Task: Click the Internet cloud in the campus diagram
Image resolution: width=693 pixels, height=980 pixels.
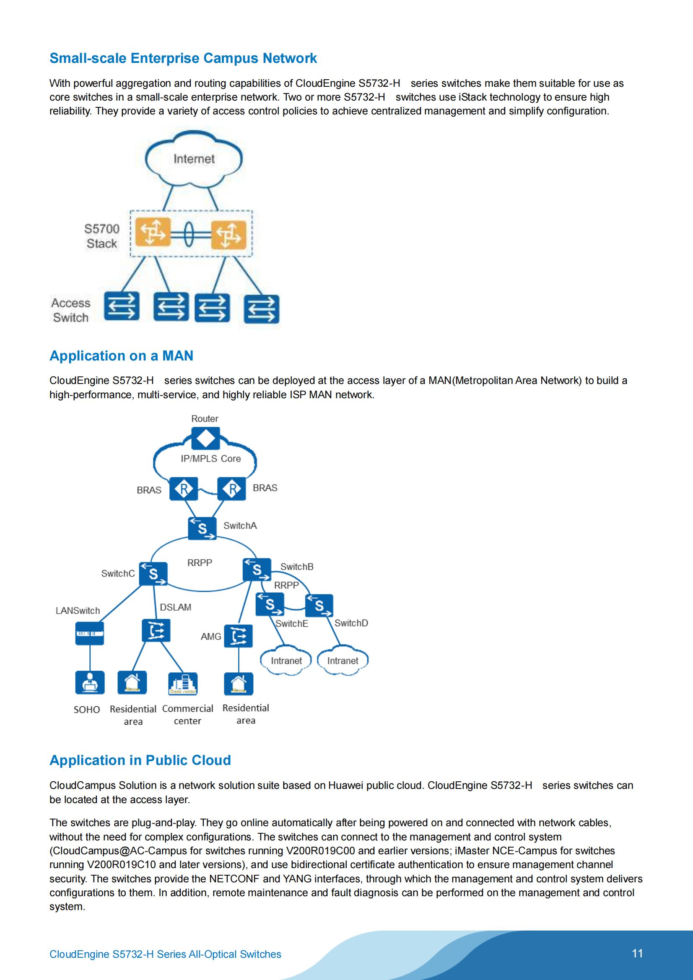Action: pyautogui.click(x=194, y=159)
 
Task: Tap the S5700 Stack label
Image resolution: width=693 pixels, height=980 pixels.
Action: pyautogui.click(x=101, y=236)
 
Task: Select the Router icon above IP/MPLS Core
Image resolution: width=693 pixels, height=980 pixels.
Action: pyautogui.click(x=205, y=438)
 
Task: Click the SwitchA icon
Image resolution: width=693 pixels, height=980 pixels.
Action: pyautogui.click(x=202, y=529)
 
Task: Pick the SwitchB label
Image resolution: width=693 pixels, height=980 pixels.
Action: pyautogui.click(x=297, y=567)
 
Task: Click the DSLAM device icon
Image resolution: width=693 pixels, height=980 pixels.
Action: pyautogui.click(x=156, y=630)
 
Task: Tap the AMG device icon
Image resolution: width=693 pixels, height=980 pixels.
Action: pyautogui.click(x=238, y=636)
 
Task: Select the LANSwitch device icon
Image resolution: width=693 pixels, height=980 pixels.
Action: pyautogui.click(x=90, y=633)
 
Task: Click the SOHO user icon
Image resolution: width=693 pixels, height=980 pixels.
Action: pyautogui.click(x=90, y=682)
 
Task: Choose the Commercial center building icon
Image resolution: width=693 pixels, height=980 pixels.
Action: pyautogui.click(x=183, y=684)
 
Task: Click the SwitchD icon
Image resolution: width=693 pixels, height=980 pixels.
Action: pyautogui.click(x=319, y=605)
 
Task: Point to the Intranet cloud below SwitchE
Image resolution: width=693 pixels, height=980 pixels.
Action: pyautogui.click(x=286, y=661)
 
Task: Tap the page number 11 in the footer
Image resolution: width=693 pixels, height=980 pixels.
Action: pyautogui.click(x=637, y=954)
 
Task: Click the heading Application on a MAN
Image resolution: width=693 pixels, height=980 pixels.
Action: pyautogui.click(x=121, y=355)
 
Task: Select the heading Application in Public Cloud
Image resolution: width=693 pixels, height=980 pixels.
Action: pyautogui.click(x=140, y=760)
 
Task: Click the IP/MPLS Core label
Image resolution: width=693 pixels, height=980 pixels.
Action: pyautogui.click(x=210, y=459)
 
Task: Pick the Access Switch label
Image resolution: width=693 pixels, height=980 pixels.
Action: pyautogui.click(x=71, y=310)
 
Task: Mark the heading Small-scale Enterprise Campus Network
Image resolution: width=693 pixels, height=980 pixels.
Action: pyautogui.click(x=183, y=58)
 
